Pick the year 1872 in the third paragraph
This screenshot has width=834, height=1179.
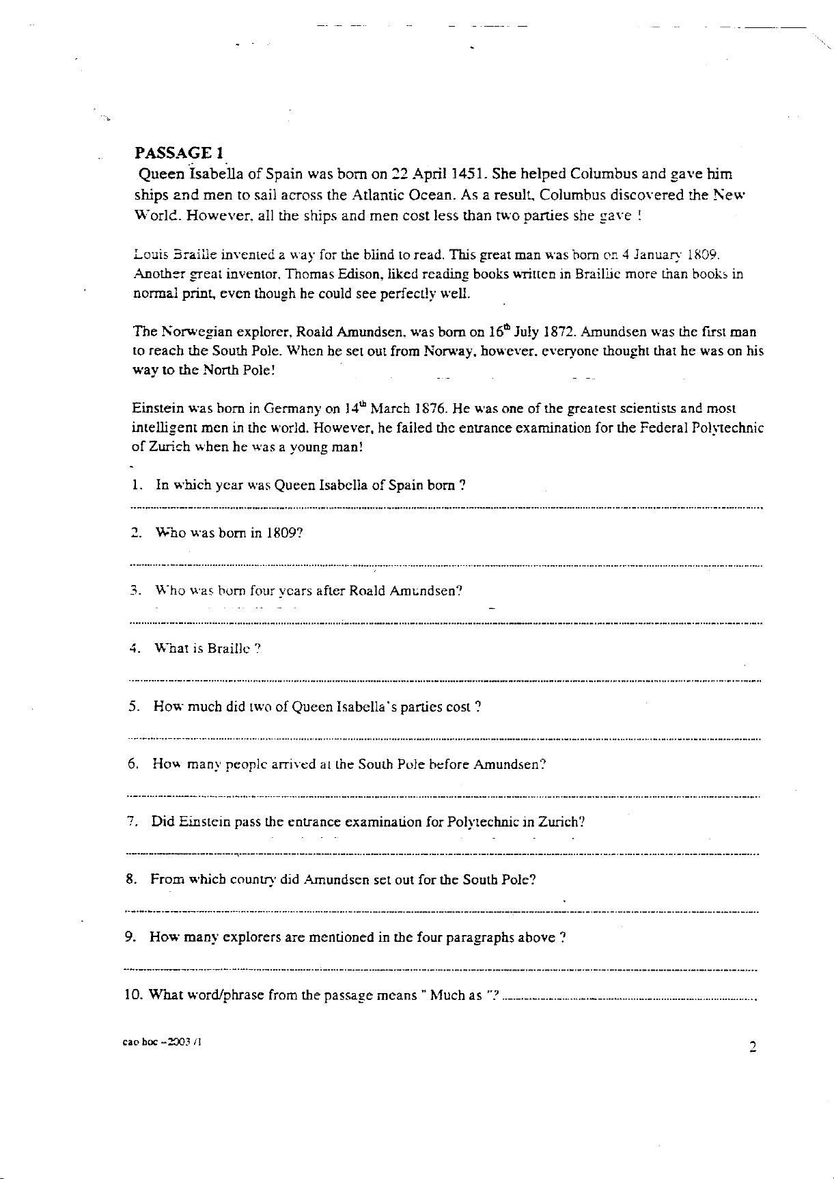pyautogui.click(x=559, y=333)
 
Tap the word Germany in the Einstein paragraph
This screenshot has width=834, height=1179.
pyautogui.click(x=292, y=409)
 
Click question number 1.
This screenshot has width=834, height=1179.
pyautogui.click(x=135, y=485)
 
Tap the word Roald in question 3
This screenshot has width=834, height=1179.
pyautogui.click(x=367, y=591)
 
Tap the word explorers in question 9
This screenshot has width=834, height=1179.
pyautogui.click(x=248, y=937)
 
